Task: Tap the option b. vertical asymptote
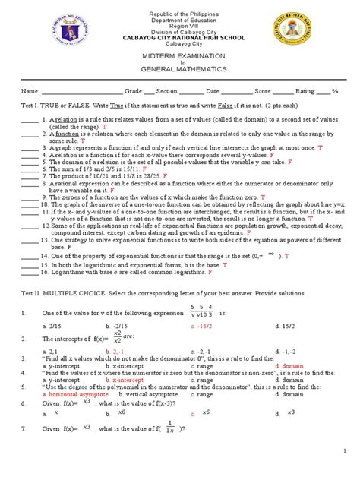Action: click(141, 394)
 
